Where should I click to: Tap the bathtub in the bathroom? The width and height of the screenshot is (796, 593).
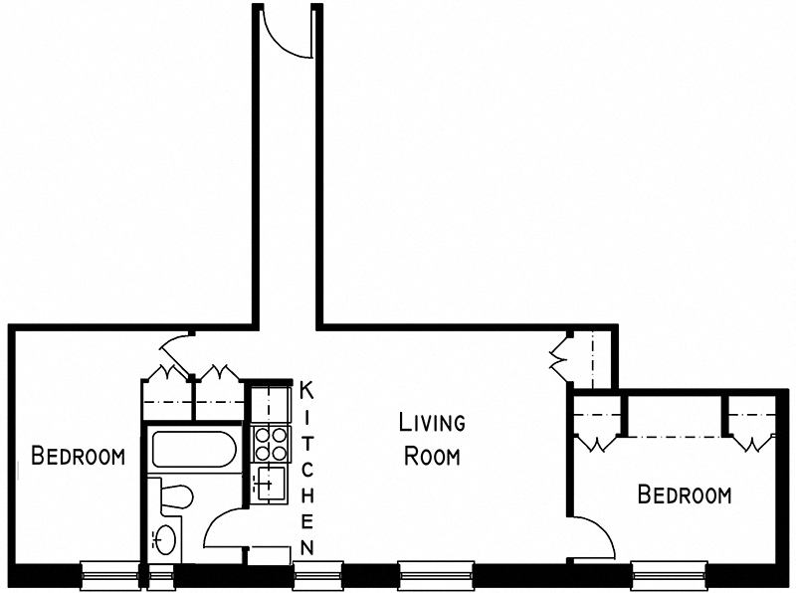[194, 451]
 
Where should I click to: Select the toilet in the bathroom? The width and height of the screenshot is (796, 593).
[175, 496]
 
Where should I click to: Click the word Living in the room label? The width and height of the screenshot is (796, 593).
[432, 422]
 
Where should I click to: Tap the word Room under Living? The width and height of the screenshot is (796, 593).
[432, 457]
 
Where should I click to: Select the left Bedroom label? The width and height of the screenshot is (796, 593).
[78, 457]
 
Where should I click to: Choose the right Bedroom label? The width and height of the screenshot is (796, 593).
[685, 494]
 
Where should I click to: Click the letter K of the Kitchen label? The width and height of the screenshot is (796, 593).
[307, 388]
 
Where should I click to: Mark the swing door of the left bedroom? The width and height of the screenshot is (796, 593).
[173, 347]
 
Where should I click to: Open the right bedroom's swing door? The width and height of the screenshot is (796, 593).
[595, 537]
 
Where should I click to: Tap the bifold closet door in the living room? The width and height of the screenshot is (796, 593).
[558, 356]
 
